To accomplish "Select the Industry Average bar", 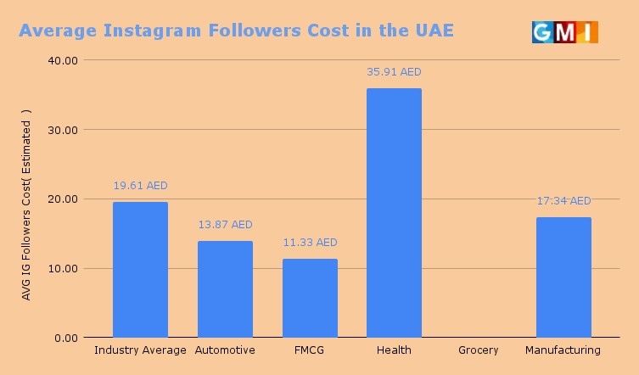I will tap(140, 270).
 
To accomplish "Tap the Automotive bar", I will tap(225, 289).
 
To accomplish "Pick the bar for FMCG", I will tap(310, 298).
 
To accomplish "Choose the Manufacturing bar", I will tap(563, 277).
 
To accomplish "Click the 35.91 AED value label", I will tap(394, 72).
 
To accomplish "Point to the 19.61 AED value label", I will tap(140, 186).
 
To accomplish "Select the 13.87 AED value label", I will tap(225, 225).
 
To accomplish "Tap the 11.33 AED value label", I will tap(310, 243).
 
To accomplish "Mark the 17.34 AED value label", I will tap(563, 201).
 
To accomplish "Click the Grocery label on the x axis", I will tap(479, 350).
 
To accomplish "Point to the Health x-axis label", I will tap(394, 350).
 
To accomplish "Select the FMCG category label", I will tap(310, 350).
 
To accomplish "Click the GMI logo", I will tap(564, 32).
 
